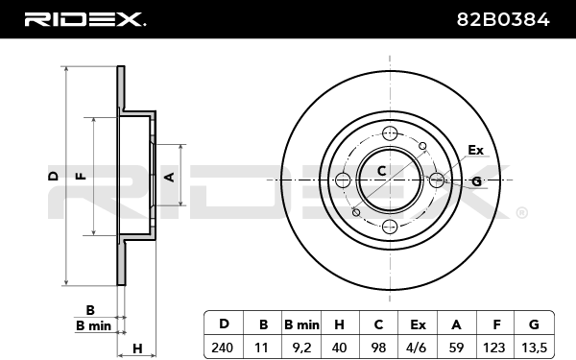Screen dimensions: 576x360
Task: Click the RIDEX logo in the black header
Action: pos(85,19)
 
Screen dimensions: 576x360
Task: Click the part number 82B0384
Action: pos(503,19)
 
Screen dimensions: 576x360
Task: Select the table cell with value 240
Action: pos(223,348)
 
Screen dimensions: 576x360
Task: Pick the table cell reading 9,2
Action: pos(301,348)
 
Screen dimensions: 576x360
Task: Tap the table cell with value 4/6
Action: pos(418,348)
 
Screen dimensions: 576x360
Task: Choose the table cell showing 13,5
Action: pos(535,348)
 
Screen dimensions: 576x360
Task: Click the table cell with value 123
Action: pos(495,348)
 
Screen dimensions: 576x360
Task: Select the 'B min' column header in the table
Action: pos(301,324)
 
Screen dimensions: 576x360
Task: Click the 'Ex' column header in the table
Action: pos(418,324)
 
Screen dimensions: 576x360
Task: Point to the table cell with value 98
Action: pos(378,348)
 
